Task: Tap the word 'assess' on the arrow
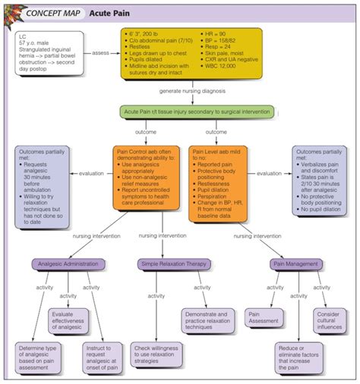pyautogui.click(x=101, y=53)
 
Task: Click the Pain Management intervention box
pyautogui.click(x=296, y=264)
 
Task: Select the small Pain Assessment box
pyautogui.click(x=264, y=316)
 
